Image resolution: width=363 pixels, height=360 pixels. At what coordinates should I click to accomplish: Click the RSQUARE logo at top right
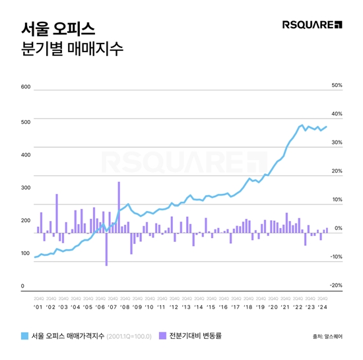312,25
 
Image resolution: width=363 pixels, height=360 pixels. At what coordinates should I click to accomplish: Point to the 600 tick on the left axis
26,87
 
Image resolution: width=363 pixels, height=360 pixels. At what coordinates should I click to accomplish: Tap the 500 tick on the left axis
26,121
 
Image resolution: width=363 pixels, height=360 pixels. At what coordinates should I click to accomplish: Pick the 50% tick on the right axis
336,86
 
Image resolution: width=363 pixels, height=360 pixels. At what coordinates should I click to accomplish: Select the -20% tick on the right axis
335,285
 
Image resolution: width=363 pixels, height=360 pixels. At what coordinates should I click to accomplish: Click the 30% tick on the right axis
336,142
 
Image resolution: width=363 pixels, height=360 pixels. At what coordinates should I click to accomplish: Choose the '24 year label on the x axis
323,307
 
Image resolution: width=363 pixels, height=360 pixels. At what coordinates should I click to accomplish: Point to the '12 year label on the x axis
174,307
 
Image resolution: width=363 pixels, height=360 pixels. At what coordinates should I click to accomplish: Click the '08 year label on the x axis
124,307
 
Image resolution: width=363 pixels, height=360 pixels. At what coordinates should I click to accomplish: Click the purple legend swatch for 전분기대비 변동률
164,336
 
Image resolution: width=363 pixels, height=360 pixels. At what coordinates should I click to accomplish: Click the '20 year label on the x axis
273,307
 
